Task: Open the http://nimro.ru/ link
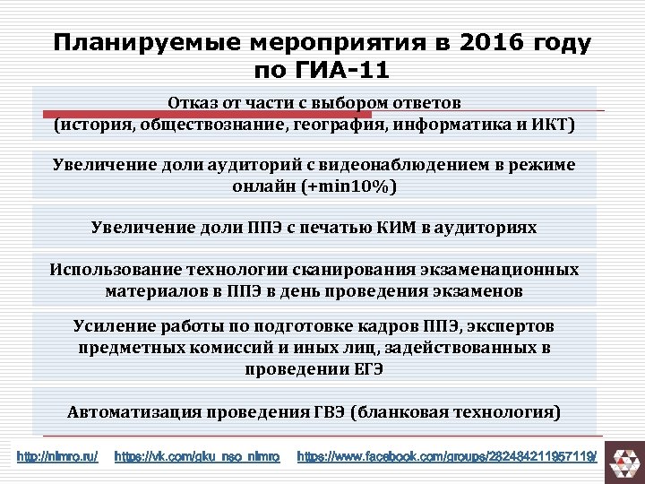click(x=58, y=457)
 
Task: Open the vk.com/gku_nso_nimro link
click(x=197, y=457)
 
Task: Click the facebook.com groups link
click(x=446, y=457)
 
